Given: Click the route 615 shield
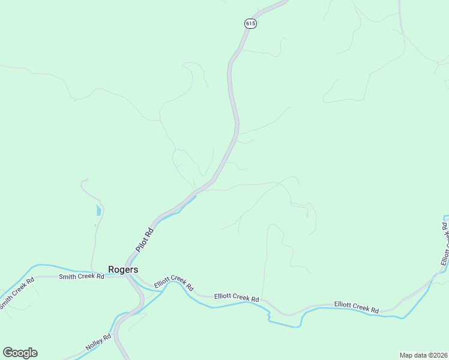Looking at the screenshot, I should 250,23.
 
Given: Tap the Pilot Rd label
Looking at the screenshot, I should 145,239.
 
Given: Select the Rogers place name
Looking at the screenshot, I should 123,269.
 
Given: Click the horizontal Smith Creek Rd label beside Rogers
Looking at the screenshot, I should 81,277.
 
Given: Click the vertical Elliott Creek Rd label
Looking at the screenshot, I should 445,245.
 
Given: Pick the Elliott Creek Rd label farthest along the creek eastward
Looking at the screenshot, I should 357,307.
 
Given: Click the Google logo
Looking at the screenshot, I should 20,353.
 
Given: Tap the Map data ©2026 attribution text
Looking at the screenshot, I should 423,355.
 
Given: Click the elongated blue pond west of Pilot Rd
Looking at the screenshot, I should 98,210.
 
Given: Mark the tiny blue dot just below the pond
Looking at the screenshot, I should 95,226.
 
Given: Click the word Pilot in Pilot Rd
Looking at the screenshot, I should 142,243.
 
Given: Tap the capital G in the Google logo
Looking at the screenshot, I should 8,353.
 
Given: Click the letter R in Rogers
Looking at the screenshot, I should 111,269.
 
